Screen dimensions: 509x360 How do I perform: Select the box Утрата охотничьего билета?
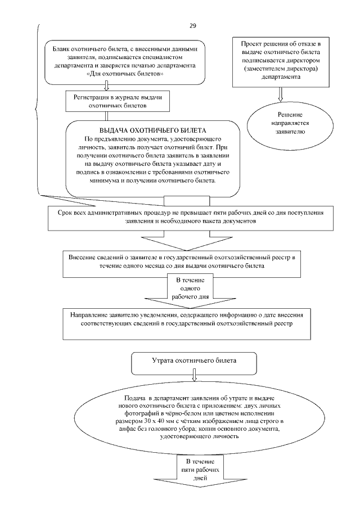click(x=193, y=359)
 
